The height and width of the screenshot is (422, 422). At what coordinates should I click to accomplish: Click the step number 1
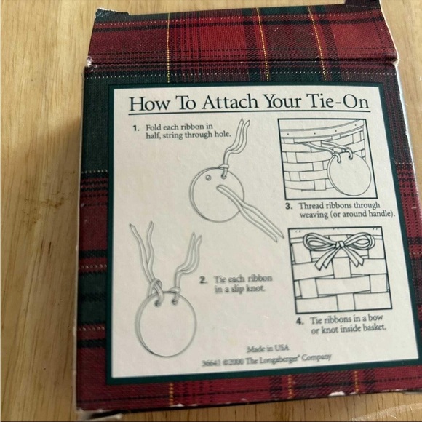point(136,128)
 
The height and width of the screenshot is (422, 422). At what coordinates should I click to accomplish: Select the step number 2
point(203,280)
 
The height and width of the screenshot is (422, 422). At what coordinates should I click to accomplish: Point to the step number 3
point(289,207)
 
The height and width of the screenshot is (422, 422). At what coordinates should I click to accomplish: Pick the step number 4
point(300,322)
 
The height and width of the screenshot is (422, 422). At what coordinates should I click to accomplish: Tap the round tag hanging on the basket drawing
point(350,175)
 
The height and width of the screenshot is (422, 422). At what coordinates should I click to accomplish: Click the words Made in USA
point(268,349)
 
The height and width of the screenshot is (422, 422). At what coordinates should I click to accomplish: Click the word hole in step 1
point(223,134)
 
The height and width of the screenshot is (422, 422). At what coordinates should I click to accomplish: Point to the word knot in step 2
point(255,289)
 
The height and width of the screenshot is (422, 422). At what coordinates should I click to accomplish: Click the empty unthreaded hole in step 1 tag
point(208,178)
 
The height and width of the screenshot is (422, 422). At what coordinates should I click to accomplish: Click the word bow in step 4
point(375,318)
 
